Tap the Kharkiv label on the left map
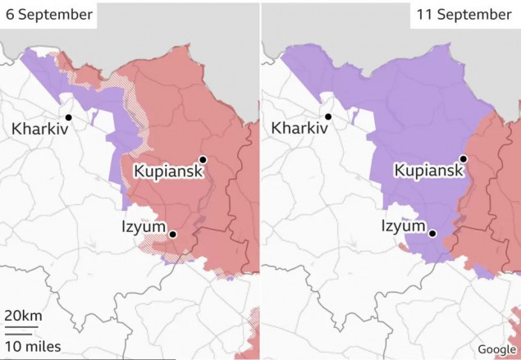coord(39,129)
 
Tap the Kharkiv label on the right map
coord(299,129)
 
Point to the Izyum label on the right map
coord(404,226)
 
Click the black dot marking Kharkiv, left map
coord(69,117)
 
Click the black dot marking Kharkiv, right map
coord(328,116)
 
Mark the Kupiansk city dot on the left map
coord(202,160)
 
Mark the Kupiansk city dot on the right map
coord(463,159)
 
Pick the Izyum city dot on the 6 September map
coord(172,235)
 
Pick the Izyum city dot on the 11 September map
coord(432,234)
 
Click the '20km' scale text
coord(24,317)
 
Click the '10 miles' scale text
coord(32,346)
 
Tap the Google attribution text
coord(496,349)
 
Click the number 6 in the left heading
coord(10,15)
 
